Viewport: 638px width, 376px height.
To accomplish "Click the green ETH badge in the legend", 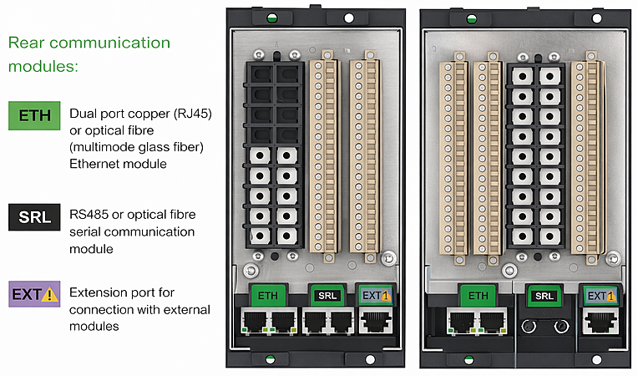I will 34,114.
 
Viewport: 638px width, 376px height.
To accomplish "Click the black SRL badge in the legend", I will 34,218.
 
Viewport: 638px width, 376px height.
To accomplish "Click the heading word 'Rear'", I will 28,43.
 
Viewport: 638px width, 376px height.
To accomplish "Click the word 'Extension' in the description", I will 99,293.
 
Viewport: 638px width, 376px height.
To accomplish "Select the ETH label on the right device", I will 478,294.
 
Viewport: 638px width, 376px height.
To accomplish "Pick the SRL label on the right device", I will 544,295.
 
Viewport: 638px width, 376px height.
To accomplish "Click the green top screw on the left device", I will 271,17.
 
